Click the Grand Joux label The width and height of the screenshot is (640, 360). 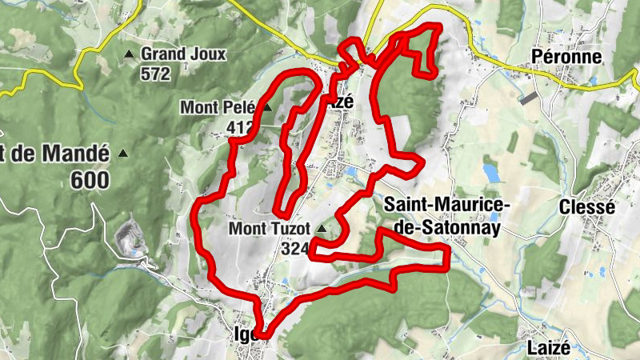pyautogui.click(x=183, y=54)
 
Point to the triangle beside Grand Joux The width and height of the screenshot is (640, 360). pyautogui.click(x=130, y=54)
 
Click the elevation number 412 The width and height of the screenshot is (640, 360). pyautogui.click(x=240, y=126)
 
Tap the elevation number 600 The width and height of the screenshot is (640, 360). pyautogui.click(x=89, y=180)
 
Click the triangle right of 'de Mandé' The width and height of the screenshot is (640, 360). pyautogui.click(x=122, y=153)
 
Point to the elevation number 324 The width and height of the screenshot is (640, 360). pyautogui.click(x=294, y=249)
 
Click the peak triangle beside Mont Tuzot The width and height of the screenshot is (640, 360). pyautogui.click(x=322, y=230)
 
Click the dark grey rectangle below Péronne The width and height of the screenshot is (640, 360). pyautogui.click(x=530, y=98)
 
